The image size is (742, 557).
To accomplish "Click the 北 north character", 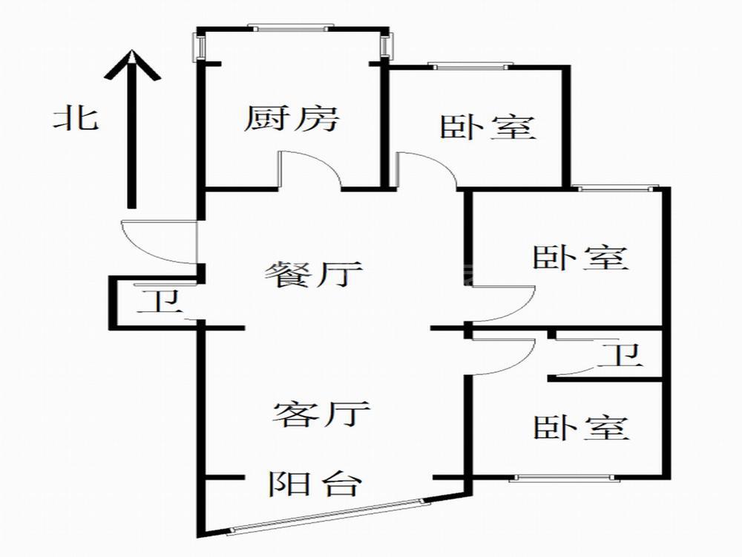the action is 76,119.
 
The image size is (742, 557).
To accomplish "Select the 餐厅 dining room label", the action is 313,274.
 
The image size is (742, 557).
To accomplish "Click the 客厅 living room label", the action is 321,414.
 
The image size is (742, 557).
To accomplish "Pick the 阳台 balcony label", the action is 315,483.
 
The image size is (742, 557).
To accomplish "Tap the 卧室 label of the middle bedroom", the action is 581,258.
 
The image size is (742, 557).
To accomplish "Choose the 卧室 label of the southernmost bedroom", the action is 581,428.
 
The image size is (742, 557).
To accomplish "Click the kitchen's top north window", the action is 291,28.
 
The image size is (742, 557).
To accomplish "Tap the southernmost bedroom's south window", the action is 565,478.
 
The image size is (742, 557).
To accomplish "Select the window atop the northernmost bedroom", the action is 470,66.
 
